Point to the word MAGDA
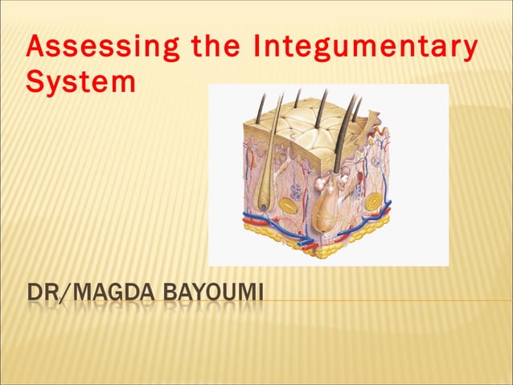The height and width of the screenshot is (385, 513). (117, 287)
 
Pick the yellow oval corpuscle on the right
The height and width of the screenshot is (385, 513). (372, 201)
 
